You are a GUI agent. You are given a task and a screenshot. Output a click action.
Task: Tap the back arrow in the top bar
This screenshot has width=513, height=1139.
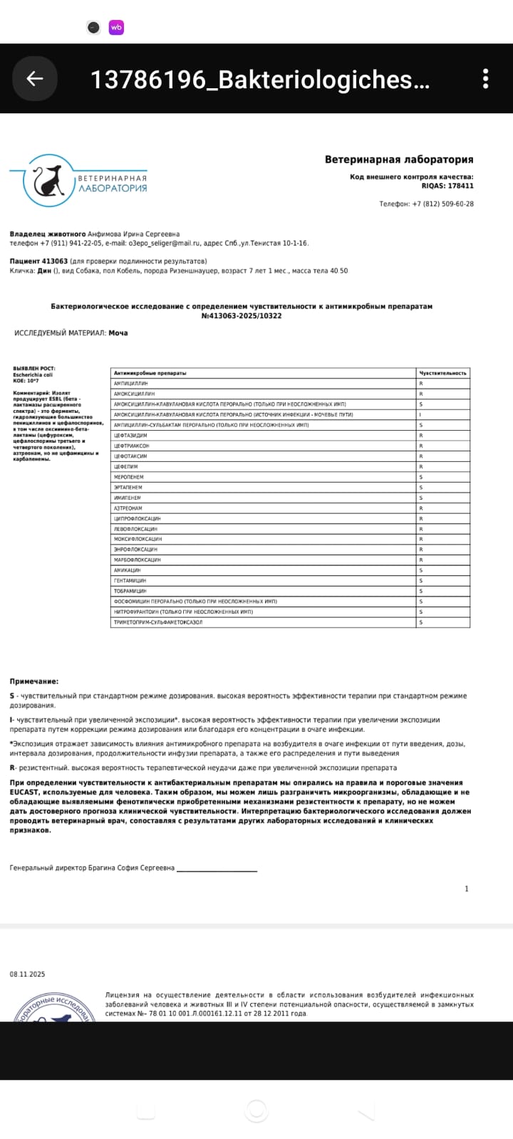(34, 79)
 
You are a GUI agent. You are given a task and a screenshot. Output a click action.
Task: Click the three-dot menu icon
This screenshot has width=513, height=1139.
(485, 79)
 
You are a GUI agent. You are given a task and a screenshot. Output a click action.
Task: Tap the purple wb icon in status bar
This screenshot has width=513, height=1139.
(116, 28)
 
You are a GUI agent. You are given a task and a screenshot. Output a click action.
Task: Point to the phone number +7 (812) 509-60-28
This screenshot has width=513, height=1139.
(442, 204)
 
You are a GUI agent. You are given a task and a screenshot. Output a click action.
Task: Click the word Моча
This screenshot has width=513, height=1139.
(118, 332)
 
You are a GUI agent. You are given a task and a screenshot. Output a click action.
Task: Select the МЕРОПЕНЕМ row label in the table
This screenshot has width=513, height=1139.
(129, 477)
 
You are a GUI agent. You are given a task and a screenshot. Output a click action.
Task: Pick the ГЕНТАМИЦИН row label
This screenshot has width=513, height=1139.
(130, 581)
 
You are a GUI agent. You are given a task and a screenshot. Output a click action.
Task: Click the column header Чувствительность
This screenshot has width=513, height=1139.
(442, 373)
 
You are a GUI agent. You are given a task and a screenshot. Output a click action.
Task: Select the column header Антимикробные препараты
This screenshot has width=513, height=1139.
(150, 373)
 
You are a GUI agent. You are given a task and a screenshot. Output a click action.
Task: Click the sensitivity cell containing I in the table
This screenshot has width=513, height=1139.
(421, 414)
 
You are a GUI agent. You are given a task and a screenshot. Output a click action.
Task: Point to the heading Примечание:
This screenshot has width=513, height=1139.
(34, 681)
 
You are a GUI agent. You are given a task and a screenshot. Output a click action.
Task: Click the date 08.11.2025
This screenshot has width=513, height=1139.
(27, 974)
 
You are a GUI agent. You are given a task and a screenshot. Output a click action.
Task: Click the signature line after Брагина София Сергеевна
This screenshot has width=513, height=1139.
(217, 868)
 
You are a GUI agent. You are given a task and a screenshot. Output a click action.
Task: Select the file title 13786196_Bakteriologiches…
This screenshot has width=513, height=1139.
(260, 80)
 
